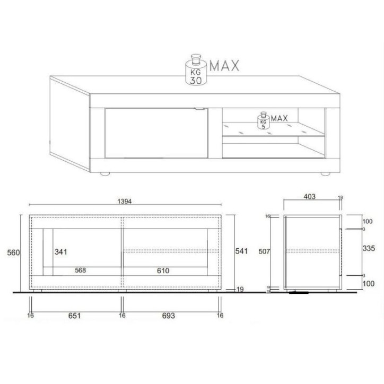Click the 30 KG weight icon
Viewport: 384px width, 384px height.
point(195,72)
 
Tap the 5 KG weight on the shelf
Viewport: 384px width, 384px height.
point(262,121)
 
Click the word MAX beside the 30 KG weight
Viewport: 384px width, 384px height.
point(224,66)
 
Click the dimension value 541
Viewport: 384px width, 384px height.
point(241,251)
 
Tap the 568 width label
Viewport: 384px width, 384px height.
point(80,270)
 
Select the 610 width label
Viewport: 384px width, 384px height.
point(162,270)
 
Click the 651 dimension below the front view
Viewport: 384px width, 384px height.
point(74,316)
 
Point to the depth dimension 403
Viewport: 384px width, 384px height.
point(310,197)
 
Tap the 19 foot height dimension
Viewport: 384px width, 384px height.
point(240,289)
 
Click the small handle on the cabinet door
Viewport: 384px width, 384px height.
point(199,110)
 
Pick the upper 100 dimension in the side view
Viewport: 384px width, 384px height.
point(367,221)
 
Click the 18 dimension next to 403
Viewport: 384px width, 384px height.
point(341,197)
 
